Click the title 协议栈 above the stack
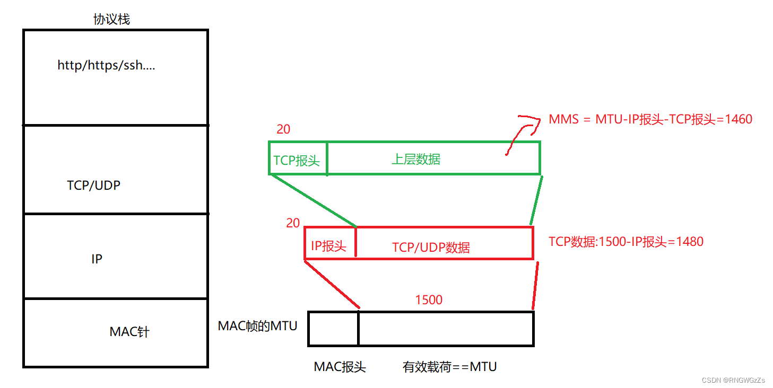point(111,20)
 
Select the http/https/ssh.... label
point(106,66)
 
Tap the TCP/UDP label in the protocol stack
point(93,186)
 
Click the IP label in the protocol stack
point(97,259)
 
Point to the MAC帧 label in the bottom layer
point(129,332)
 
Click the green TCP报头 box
point(297,160)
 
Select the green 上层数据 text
point(416,159)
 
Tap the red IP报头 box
point(329,246)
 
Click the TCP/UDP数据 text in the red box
point(431,247)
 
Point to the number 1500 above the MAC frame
point(429,300)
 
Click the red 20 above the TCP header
point(283,129)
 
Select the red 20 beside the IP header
point(293,223)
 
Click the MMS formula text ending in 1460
point(650,119)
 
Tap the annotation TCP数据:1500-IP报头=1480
point(626,242)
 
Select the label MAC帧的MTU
point(257,325)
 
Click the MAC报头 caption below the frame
point(340,367)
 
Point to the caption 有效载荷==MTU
point(450,367)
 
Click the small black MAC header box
point(333,329)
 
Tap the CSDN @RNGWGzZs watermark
point(733,381)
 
